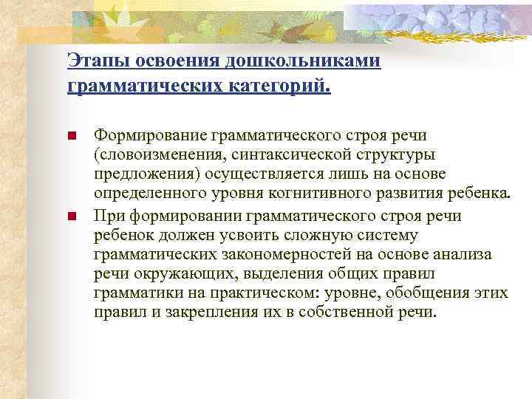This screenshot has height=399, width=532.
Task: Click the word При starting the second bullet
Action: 105,216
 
